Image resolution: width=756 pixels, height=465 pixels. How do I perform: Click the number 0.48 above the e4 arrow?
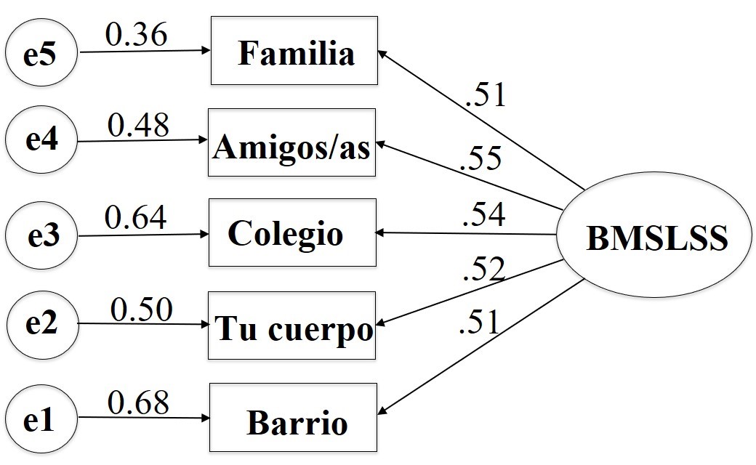[x=138, y=125]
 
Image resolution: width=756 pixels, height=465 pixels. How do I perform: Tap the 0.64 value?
[x=136, y=217]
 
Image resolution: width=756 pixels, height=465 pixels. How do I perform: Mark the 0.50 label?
[x=141, y=310]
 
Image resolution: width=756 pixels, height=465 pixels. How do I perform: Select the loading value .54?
[x=483, y=216]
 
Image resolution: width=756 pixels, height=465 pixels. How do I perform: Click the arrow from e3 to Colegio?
[x=142, y=235]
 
